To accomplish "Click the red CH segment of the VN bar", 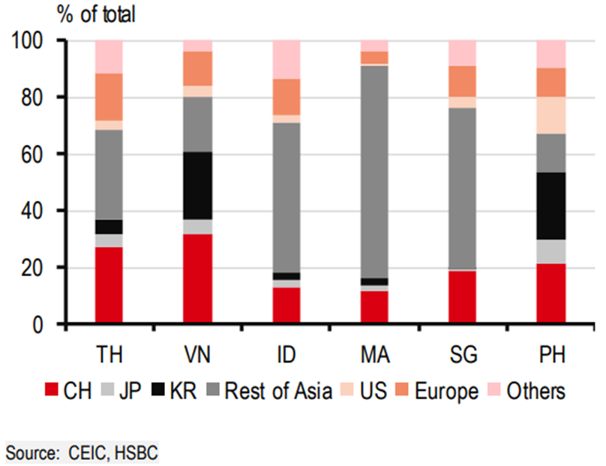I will (x=198, y=278).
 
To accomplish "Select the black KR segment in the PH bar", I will (x=550, y=206).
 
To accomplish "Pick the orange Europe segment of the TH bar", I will (x=109, y=97).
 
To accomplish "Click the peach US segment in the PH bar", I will (x=550, y=115).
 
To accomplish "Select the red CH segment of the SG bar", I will (x=462, y=296).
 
